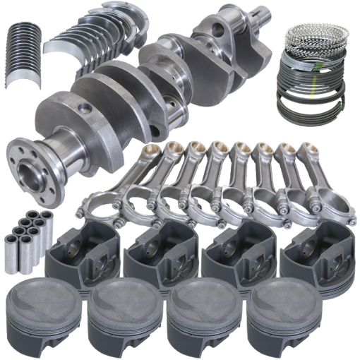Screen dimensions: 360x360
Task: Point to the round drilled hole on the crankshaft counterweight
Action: pyautogui.click(x=86, y=107)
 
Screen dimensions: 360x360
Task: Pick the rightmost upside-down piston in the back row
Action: pyautogui.click(x=311, y=254)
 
